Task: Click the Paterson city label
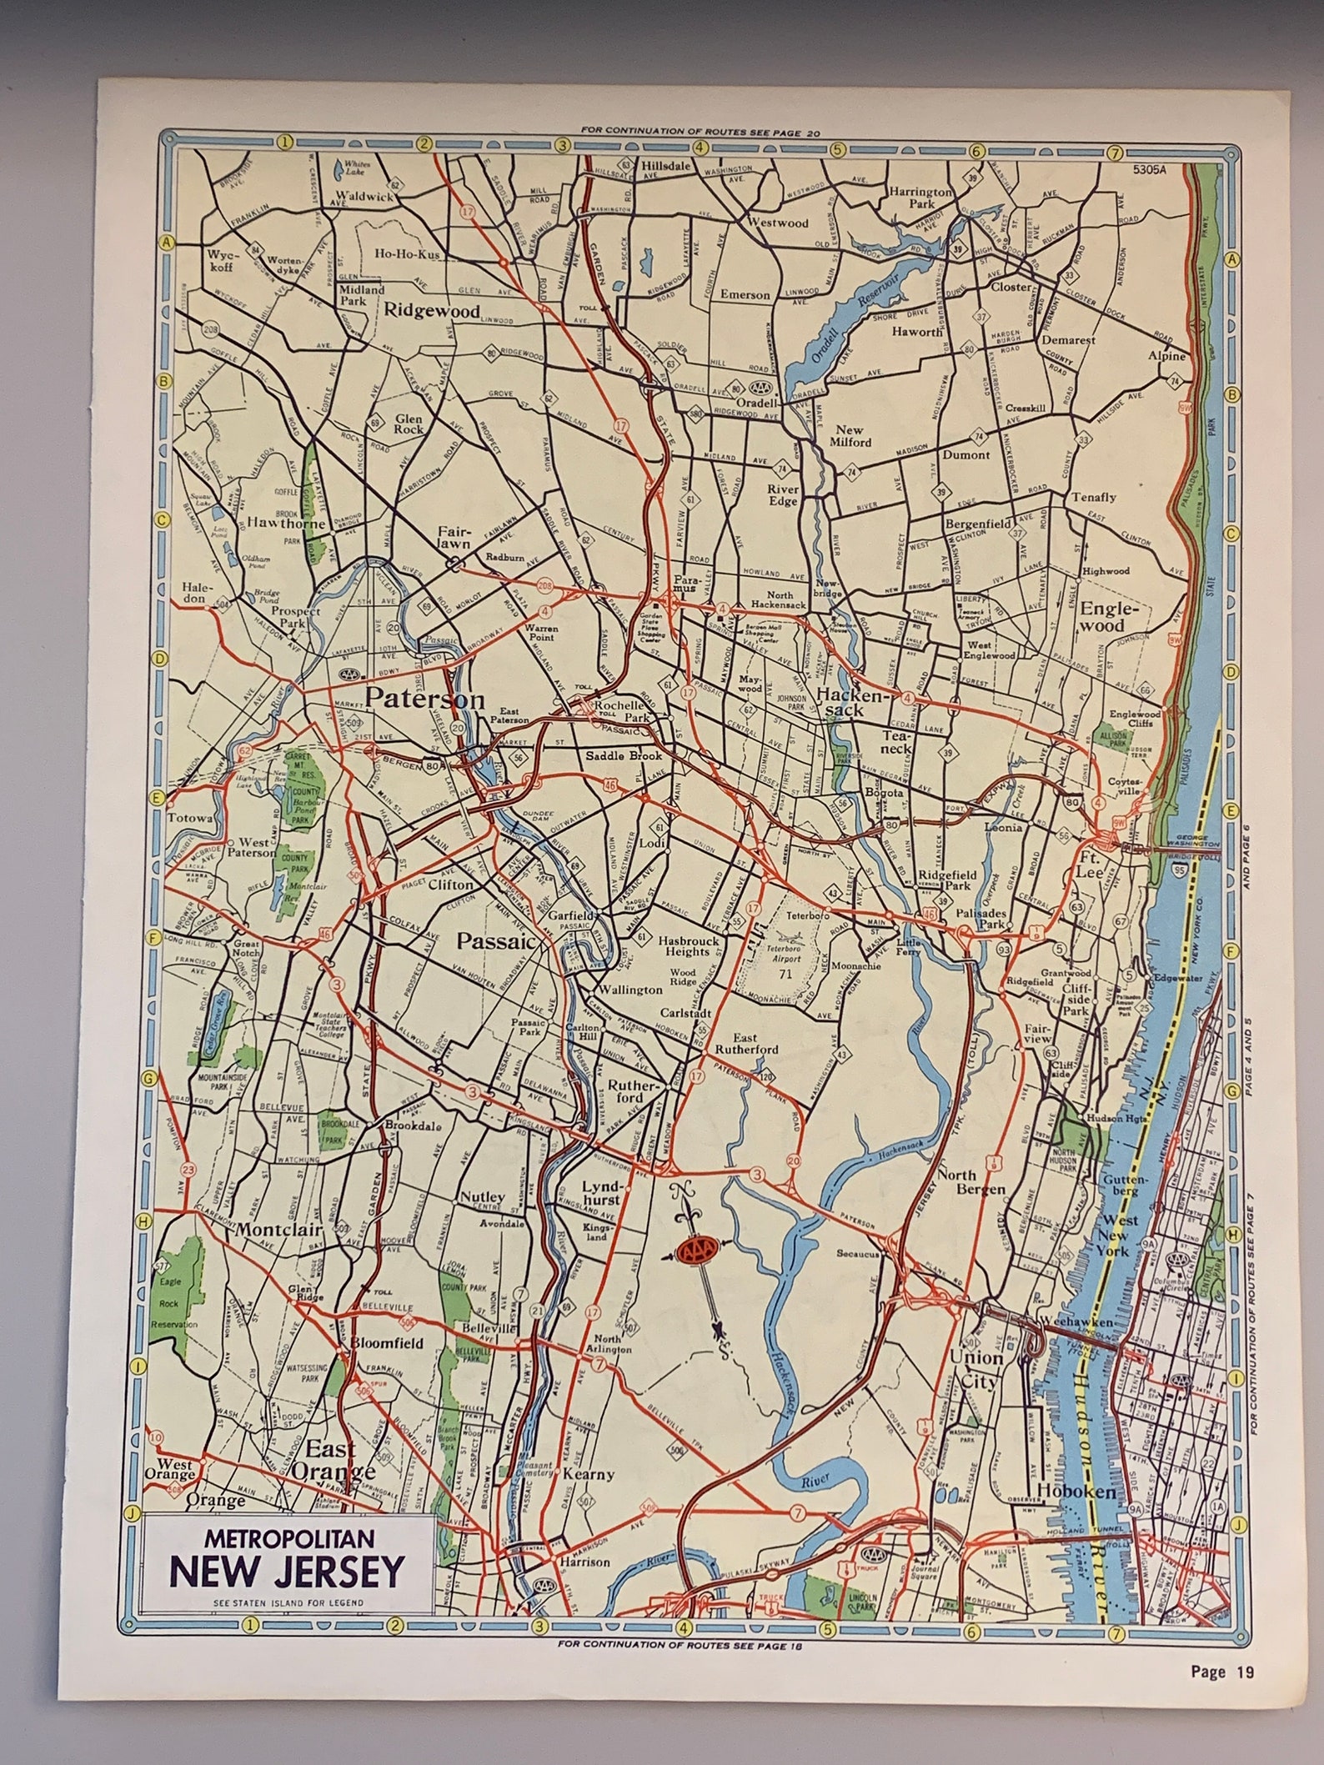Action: (424, 699)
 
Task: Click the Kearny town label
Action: (589, 1474)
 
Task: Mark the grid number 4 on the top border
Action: (699, 146)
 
